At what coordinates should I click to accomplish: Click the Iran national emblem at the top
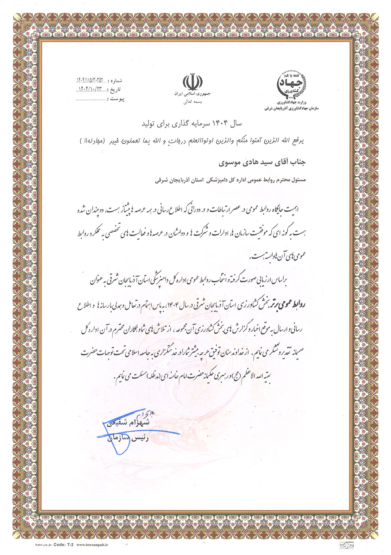coord(192,82)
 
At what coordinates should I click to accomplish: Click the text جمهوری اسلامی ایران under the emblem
coord(192,94)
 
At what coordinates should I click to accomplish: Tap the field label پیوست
coord(116,99)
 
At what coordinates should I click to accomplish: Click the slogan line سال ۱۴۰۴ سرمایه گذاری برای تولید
coord(192,124)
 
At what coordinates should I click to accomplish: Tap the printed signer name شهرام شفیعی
coord(129,423)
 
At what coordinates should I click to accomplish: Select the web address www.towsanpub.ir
coord(92,545)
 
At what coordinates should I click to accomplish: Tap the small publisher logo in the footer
coord(343,545)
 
